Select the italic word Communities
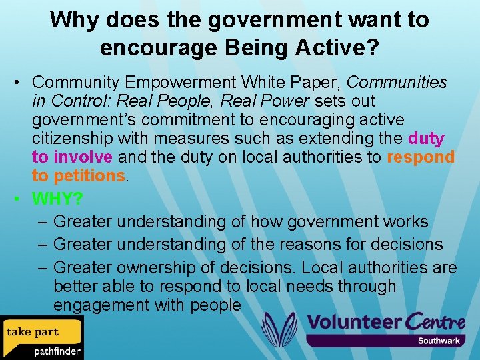tap(397, 82)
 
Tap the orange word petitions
tap(89, 175)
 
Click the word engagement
tap(107, 305)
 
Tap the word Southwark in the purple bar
tap(439, 341)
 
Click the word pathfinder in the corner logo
tap(57, 351)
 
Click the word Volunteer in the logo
tap(355, 322)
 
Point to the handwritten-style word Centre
tap(435, 321)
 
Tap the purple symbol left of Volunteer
tap(279, 329)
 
